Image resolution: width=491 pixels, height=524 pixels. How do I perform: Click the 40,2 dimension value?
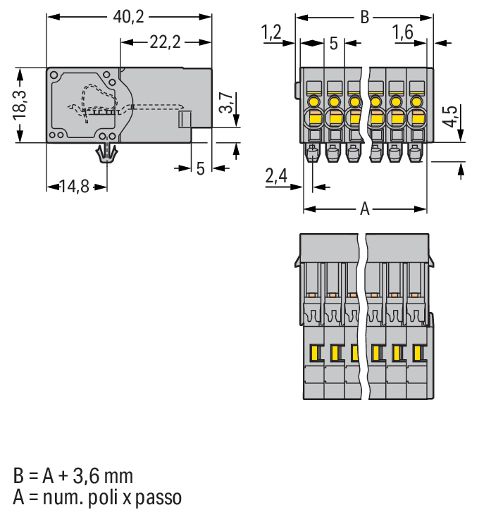click(x=129, y=15)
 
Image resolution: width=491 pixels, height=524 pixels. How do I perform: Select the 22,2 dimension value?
click(x=166, y=42)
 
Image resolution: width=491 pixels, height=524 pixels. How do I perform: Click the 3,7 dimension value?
click(x=225, y=103)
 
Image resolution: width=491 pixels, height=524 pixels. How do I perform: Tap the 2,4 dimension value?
click(x=276, y=176)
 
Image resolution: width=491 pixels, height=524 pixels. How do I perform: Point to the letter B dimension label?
click(x=364, y=17)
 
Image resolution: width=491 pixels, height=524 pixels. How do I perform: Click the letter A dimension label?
click(x=365, y=209)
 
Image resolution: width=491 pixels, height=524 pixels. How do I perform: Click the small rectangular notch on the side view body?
click(x=185, y=119)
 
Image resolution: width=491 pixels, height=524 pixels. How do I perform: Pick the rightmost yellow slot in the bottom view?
click(x=418, y=352)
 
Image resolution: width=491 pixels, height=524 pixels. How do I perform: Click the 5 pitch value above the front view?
click(x=333, y=44)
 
